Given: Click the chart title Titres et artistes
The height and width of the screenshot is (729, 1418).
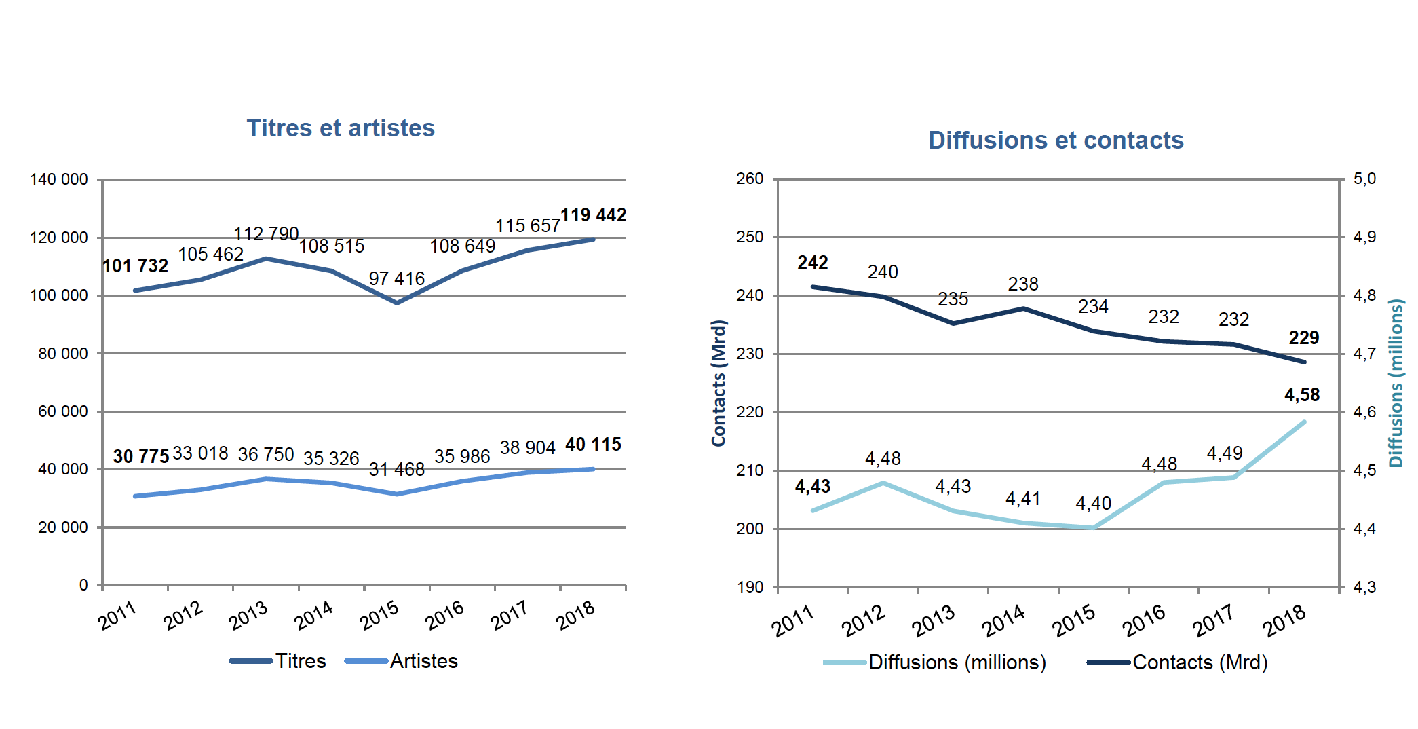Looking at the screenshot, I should [340, 128].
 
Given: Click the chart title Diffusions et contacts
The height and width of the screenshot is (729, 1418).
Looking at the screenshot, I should [1056, 141].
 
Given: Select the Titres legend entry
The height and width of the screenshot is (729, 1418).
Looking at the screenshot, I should [279, 661].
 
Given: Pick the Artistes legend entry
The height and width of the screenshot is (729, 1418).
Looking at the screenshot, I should [402, 661].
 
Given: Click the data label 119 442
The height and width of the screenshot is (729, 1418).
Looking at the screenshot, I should [593, 215].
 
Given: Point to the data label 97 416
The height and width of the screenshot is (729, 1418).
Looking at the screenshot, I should [397, 278].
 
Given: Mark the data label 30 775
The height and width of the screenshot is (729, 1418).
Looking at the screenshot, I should [141, 457].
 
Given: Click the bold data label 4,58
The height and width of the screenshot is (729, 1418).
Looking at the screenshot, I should [1302, 395].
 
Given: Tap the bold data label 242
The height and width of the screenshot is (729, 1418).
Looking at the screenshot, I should [813, 263].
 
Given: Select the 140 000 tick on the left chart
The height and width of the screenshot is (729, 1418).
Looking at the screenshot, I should [59, 179].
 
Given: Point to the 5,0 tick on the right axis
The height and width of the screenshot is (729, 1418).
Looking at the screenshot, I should [1364, 179].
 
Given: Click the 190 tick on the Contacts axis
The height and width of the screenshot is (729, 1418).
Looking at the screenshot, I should [750, 587].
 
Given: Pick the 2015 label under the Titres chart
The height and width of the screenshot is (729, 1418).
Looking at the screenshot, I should [379, 616].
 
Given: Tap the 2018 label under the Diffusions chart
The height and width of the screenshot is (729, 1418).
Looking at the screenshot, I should [1284, 620].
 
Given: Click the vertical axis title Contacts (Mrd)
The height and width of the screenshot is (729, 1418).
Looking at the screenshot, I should [718, 383].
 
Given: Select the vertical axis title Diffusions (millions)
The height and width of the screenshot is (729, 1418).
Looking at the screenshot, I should [1396, 383].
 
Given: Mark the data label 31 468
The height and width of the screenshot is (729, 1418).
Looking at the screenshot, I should [397, 470].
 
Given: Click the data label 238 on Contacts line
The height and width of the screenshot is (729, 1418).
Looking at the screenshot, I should [1023, 284].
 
